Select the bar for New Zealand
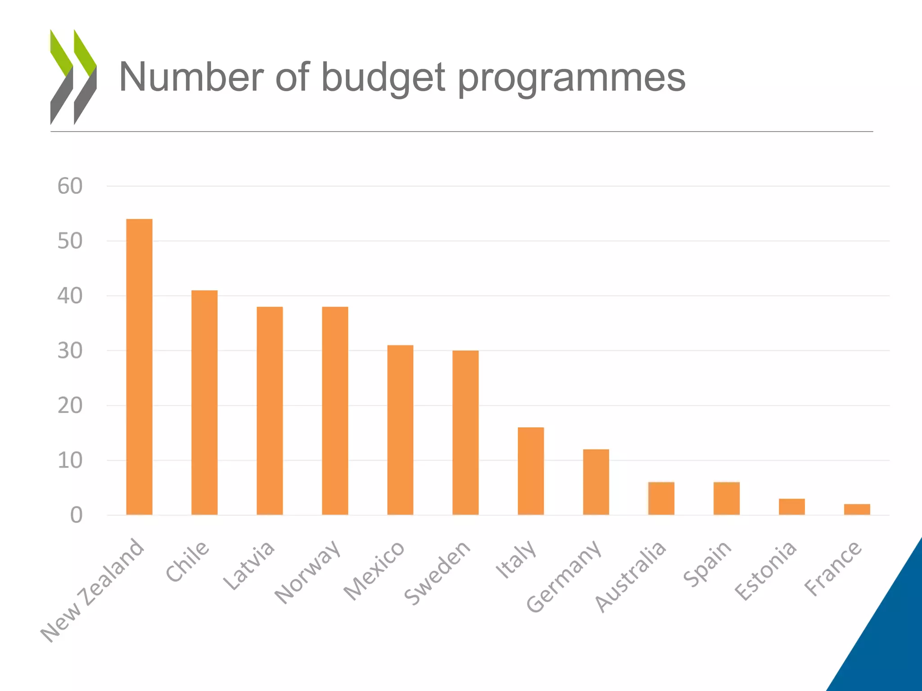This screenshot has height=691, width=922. (139, 367)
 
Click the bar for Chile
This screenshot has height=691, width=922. (204, 402)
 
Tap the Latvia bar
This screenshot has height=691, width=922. (270, 410)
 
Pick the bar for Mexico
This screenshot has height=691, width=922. (400, 430)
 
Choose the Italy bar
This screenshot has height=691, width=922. (531, 471)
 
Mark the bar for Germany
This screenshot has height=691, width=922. (596, 482)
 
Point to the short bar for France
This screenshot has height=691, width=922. (857, 509)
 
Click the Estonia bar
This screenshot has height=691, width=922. (791, 507)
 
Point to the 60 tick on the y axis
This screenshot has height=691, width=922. (70, 186)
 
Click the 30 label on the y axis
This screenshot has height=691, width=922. (70, 351)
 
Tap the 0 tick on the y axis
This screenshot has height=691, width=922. (76, 516)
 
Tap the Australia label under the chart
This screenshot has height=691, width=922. (630, 576)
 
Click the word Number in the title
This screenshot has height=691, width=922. (191, 77)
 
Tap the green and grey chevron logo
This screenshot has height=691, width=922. (73, 77)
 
